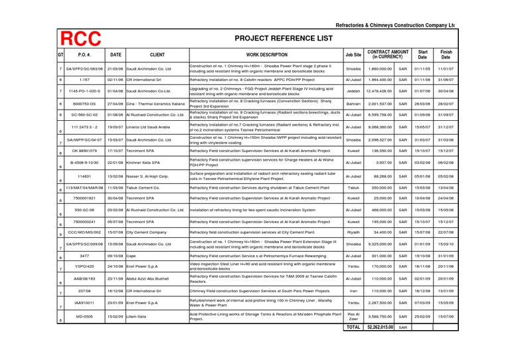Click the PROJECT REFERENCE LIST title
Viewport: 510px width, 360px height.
(284, 39)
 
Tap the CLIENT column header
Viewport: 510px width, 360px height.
(157, 55)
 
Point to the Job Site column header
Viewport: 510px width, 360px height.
(353, 55)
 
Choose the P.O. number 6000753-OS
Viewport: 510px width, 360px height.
(84, 104)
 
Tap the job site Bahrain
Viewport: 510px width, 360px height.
(353, 104)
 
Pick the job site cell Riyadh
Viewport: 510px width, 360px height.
(353, 233)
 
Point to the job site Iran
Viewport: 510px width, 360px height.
(353, 291)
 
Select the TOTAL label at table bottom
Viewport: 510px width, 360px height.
(353, 327)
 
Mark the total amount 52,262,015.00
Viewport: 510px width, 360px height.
(380, 327)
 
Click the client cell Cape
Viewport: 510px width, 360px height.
(131, 256)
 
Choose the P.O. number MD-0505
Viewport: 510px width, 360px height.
(84, 317)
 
